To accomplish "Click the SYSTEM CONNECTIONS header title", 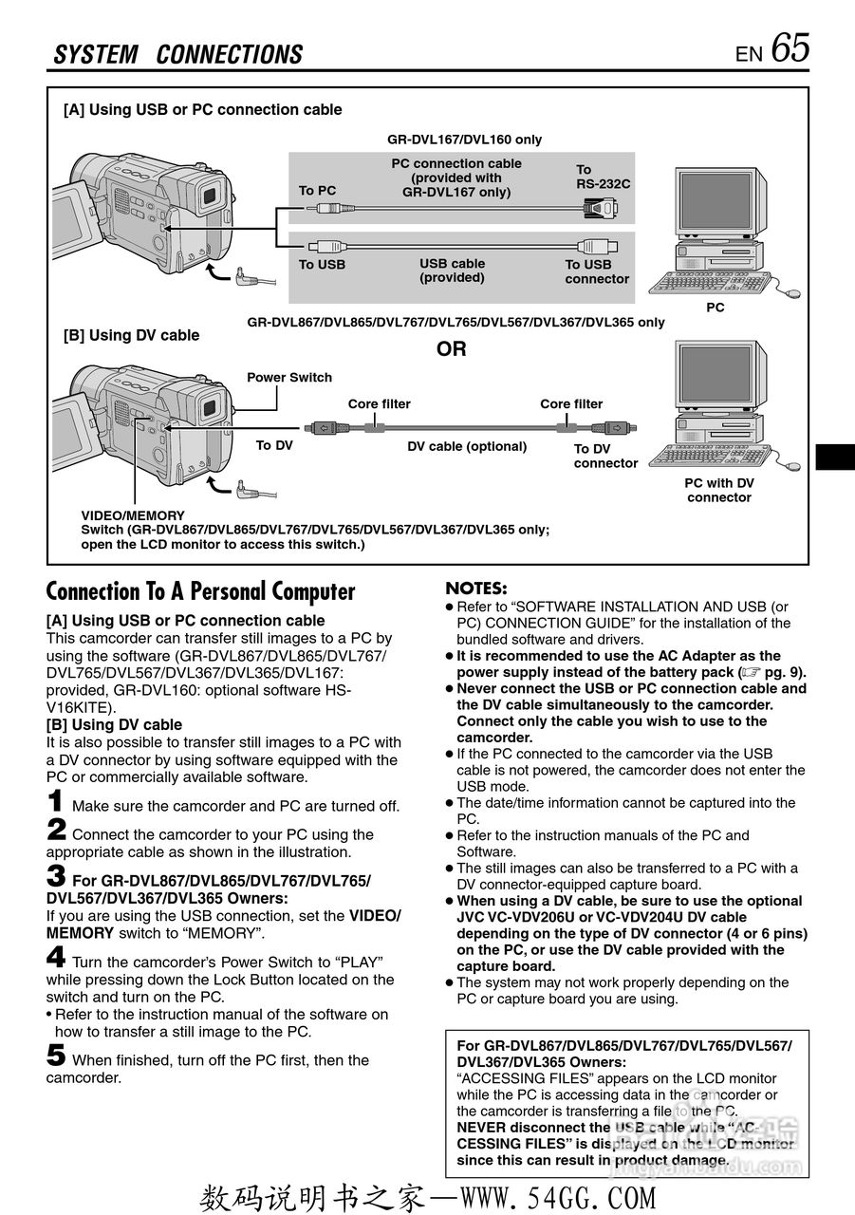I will (x=178, y=55).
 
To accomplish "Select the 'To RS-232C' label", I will (x=603, y=177).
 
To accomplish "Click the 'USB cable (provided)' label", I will (x=452, y=271).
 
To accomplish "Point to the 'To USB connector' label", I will (x=597, y=271).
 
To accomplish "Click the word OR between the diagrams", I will (x=452, y=349).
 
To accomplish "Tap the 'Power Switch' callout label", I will (x=289, y=378).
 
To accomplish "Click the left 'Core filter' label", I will (x=379, y=404).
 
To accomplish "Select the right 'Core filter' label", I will (x=571, y=404).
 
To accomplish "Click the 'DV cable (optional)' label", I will (x=467, y=446).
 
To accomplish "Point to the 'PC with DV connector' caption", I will (x=719, y=490).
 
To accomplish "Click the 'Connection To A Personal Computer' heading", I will (x=201, y=592).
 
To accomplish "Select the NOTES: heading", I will (x=476, y=589).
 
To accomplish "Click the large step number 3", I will (x=57, y=875).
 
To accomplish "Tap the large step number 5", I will (x=57, y=1056).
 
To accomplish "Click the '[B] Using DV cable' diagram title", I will (x=131, y=335).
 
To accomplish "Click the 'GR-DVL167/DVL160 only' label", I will (x=464, y=140).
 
